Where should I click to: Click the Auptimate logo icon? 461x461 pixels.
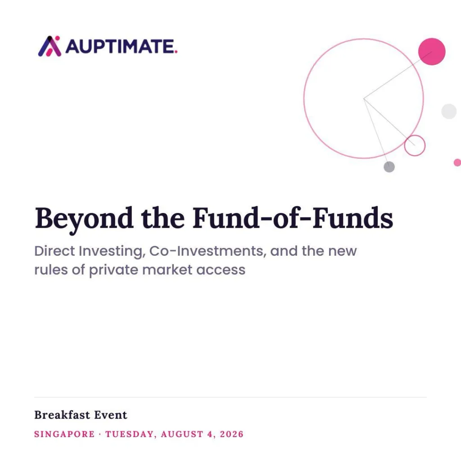click(50, 46)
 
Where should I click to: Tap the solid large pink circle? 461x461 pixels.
click(432, 51)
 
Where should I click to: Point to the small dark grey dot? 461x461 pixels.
click(389, 167)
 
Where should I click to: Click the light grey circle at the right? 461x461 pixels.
click(449, 111)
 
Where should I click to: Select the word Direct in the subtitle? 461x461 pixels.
click(54, 251)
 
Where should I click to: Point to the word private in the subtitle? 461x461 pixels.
click(113, 270)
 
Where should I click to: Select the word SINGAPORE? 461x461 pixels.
click(64, 434)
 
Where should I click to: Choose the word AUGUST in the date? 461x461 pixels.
click(182, 434)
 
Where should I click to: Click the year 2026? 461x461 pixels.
click(232, 434)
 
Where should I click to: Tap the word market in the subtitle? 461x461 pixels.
click(167, 270)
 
